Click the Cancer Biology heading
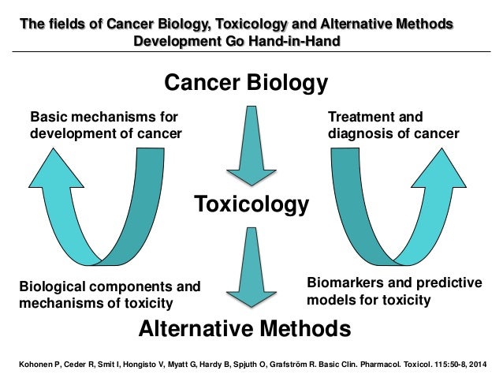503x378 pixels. pyautogui.click(x=245, y=82)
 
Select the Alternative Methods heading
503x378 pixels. pyautogui.click(x=244, y=327)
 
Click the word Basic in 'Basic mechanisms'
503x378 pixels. pyautogui.click(x=47, y=118)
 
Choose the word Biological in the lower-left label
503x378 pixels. pyautogui.click(x=50, y=286)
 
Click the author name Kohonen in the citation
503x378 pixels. pyautogui.click(x=32, y=365)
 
